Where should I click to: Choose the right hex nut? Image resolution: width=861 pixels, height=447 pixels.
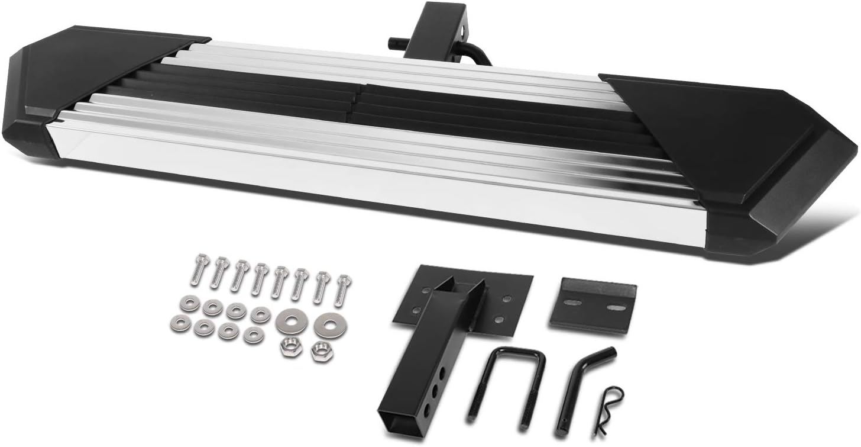[x=321, y=350]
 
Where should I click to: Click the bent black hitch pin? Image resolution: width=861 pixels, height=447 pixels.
[x=582, y=385]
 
